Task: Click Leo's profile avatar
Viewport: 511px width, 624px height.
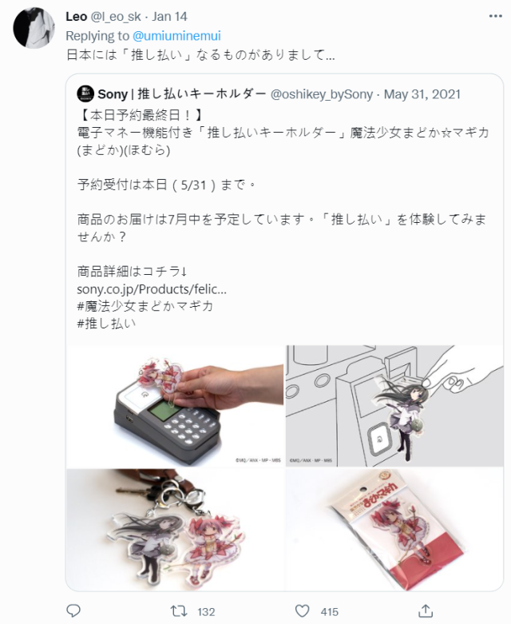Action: pos(34,29)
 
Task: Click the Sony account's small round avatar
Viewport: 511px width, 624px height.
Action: pos(85,95)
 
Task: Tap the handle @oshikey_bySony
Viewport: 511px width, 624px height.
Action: pos(323,95)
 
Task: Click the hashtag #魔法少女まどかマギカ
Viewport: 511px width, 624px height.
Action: pos(145,305)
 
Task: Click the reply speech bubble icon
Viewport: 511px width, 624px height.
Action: pos(73,611)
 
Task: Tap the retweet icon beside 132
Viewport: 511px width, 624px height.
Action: pos(180,611)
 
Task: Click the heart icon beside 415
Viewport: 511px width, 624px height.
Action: pos(302,611)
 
